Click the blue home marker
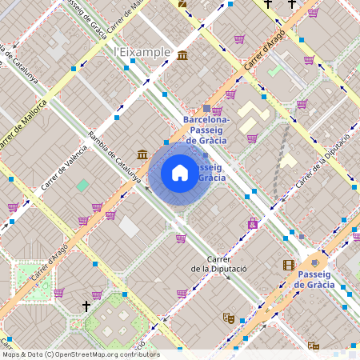click(x=180, y=173)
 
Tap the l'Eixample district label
click(x=142, y=52)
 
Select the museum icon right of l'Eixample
click(x=183, y=55)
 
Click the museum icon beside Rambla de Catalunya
click(x=142, y=154)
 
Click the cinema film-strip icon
click(x=288, y=265)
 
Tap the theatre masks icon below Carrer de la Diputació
click(x=228, y=318)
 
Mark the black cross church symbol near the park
click(x=86, y=306)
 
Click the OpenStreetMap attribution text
click(x=80, y=354)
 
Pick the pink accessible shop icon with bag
click(x=254, y=224)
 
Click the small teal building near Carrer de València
click(x=82, y=186)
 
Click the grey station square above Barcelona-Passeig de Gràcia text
click(x=206, y=108)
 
